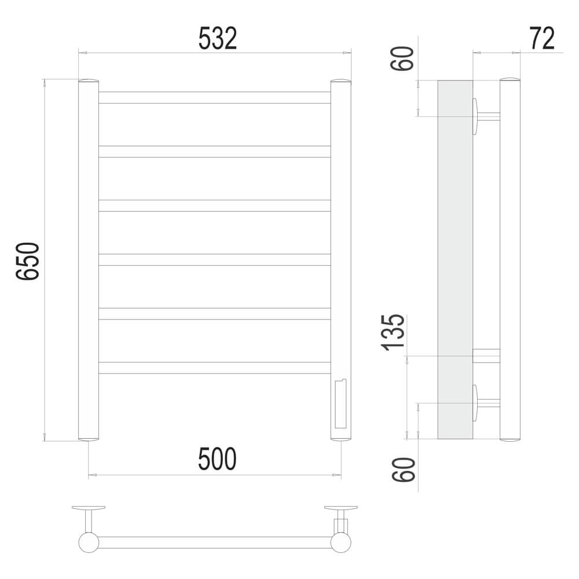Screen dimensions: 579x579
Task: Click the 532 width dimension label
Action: click(218, 38)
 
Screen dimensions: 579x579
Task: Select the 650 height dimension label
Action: click(28, 261)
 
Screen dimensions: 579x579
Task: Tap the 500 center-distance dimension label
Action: click(217, 459)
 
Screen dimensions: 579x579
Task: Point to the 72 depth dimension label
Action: click(542, 38)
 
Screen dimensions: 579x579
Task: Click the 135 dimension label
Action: click(393, 332)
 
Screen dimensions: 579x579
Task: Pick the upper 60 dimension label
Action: click(402, 58)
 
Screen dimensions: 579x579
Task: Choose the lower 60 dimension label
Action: click(403, 470)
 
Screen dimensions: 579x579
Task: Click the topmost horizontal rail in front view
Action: click(215, 97)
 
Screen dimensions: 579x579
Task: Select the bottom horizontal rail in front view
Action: click(215, 368)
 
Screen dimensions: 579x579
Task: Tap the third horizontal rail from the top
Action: click(215, 206)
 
